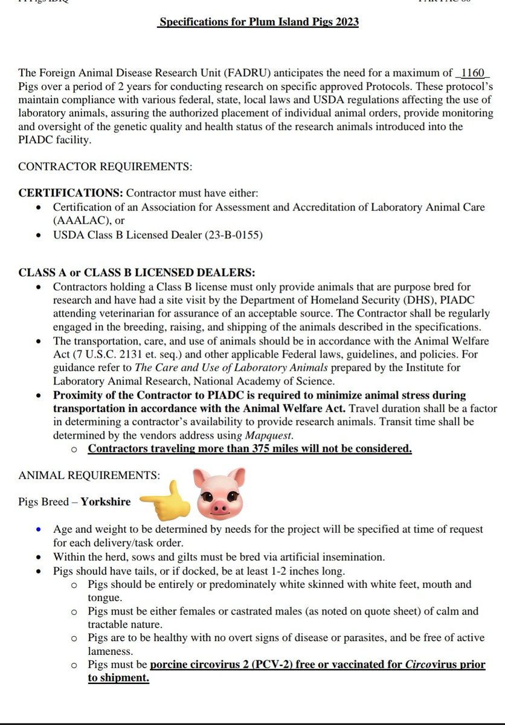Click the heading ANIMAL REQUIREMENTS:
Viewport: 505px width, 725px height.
tap(89, 475)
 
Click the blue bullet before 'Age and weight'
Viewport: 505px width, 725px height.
tap(39, 529)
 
